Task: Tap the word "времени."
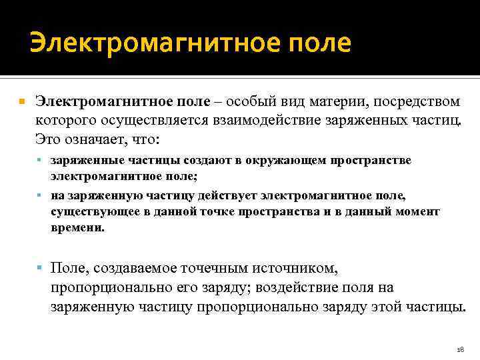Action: click(77, 227)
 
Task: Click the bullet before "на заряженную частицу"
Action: click(41, 197)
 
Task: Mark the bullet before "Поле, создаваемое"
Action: click(41, 268)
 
